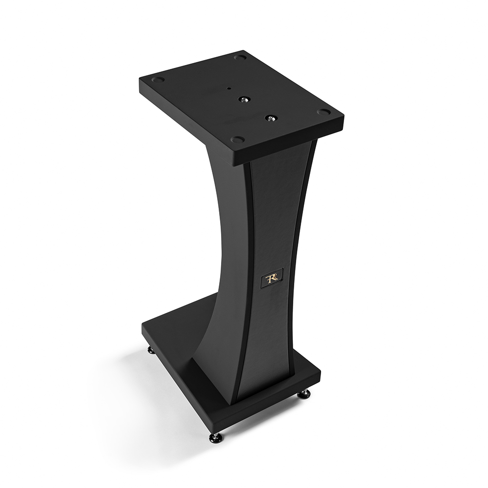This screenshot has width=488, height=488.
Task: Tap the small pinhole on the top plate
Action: tap(229, 88)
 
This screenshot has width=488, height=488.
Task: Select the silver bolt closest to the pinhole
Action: tap(244, 100)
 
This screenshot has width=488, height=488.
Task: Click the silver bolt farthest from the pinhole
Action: tap(270, 118)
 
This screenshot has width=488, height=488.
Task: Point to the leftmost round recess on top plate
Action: tap(159, 80)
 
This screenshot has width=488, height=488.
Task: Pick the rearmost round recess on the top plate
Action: tap(240, 58)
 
